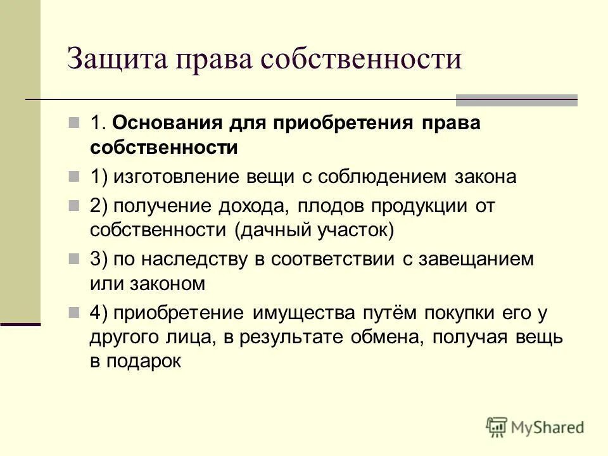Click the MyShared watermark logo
pyautogui.click(x=535, y=427)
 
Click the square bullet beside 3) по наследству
pyautogui.click(x=75, y=258)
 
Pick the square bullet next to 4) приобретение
pyautogui.click(x=75, y=312)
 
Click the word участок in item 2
pyautogui.click(x=358, y=230)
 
